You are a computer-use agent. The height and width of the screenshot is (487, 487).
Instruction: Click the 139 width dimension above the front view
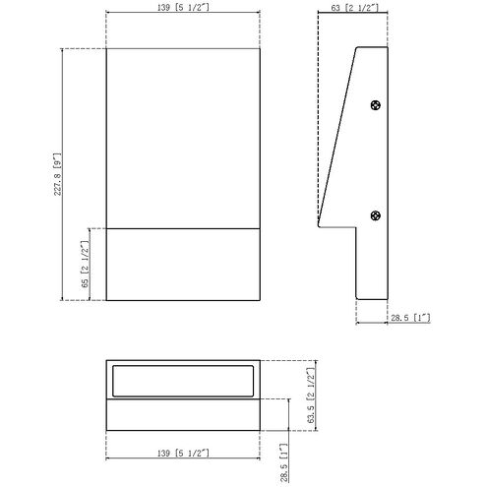click(183, 7)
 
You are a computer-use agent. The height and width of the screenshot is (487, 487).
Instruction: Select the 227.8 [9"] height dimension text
click(58, 174)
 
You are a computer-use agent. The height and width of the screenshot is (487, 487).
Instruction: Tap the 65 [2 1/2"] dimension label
click(85, 265)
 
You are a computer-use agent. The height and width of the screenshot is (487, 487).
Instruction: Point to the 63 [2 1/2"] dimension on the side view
click(354, 8)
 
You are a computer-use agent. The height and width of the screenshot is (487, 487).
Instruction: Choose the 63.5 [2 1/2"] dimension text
click(311, 396)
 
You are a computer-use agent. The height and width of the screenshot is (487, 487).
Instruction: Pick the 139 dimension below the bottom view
click(183, 454)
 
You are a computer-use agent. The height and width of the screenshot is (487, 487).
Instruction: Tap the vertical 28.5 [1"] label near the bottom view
click(284, 462)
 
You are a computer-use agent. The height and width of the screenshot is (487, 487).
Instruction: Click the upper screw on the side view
click(376, 105)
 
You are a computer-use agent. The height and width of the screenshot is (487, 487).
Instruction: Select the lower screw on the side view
click(376, 215)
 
